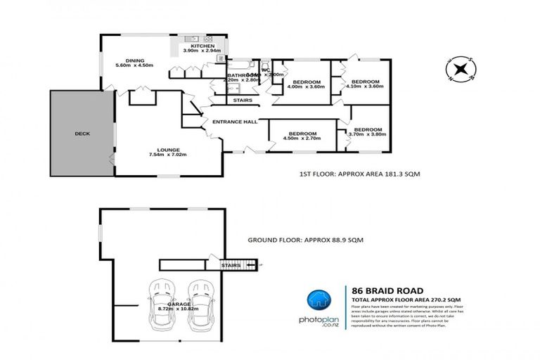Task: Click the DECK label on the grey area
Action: [x=83, y=134]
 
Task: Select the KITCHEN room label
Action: [x=193, y=46]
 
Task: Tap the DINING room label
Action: [x=134, y=60]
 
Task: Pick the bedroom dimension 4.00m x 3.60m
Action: [x=306, y=88]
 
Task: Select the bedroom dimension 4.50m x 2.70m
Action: [x=302, y=139]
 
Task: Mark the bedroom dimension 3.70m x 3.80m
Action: [x=366, y=135]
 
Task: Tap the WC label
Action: [x=266, y=70]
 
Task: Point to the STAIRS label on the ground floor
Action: [x=231, y=266]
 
